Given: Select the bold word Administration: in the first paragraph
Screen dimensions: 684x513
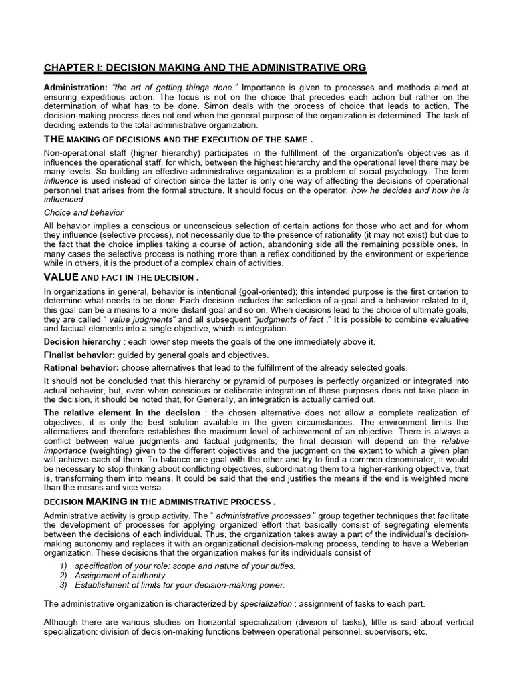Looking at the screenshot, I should point(75,88).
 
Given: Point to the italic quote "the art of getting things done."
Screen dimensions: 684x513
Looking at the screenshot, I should point(174,88).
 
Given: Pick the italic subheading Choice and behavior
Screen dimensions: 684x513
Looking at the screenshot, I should point(83,212).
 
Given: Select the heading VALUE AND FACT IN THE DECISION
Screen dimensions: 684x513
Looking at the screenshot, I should point(121,277).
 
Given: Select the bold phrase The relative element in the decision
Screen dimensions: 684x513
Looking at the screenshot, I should point(122,413).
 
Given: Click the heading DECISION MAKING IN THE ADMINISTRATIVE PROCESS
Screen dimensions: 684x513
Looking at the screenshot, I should point(159,502).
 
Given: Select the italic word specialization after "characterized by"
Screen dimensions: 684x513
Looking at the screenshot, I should point(265,603).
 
